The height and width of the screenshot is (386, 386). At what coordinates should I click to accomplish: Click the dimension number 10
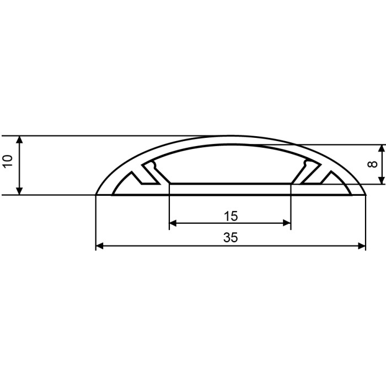point(8,161)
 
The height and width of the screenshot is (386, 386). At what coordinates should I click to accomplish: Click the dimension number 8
point(372,164)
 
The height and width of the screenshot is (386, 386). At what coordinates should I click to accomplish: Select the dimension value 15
point(230,216)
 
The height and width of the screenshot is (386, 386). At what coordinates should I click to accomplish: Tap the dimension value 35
point(230,238)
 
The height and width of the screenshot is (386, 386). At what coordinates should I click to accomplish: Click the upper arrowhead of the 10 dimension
point(19,140)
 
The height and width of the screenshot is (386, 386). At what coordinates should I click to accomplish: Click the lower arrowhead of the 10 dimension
point(19,191)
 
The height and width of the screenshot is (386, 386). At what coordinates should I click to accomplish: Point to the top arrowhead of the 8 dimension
point(382,148)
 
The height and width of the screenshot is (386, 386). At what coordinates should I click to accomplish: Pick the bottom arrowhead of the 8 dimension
point(382,180)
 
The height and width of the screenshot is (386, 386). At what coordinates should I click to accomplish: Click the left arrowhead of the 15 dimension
point(173,223)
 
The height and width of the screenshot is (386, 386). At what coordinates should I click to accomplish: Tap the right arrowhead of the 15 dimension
point(287,223)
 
